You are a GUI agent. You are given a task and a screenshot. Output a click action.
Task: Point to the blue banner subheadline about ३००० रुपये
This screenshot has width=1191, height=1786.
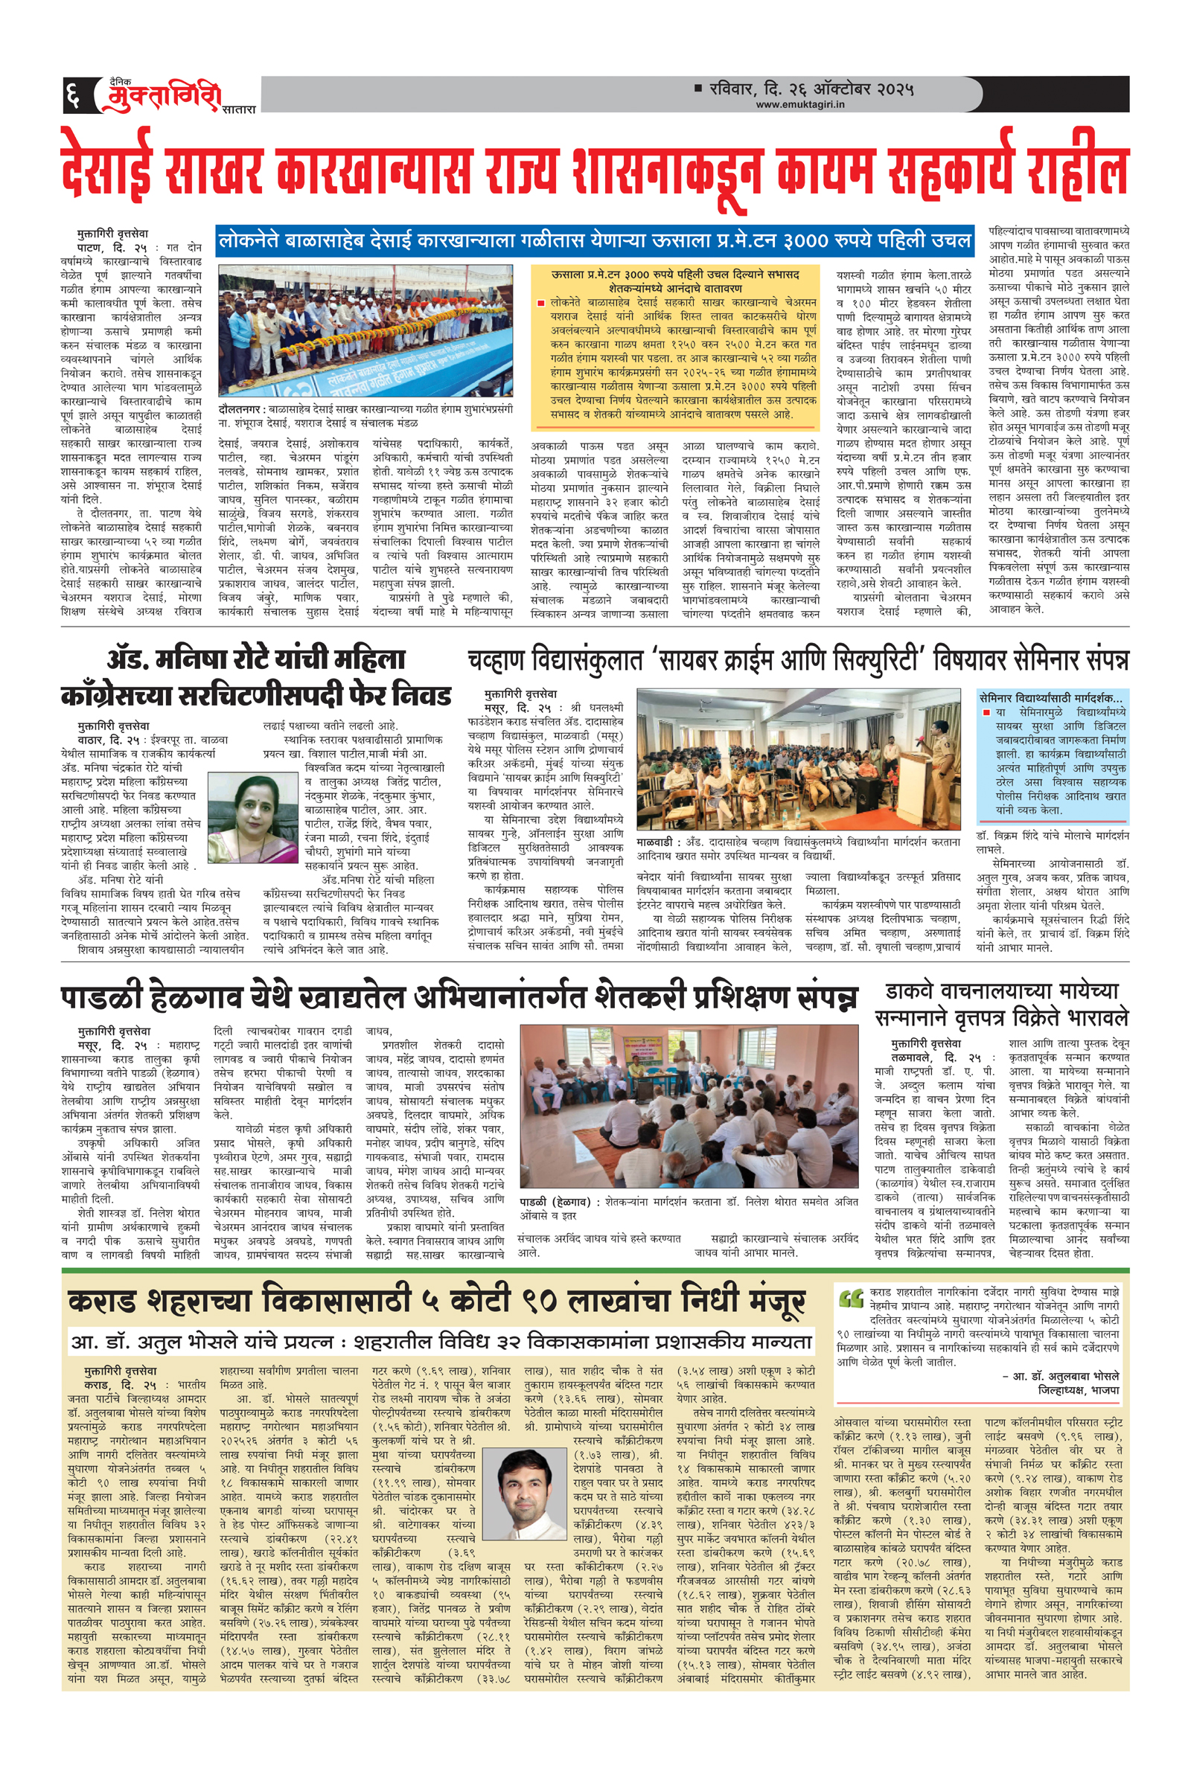tap(595, 241)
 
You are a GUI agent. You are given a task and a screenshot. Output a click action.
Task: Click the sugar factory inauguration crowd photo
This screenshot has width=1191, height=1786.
tap(365, 331)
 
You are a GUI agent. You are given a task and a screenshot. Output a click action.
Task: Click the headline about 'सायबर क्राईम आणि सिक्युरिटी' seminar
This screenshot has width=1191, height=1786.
tap(797, 660)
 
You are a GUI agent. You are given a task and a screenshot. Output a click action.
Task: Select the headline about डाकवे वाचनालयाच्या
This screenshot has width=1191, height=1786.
tap(1001, 1004)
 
